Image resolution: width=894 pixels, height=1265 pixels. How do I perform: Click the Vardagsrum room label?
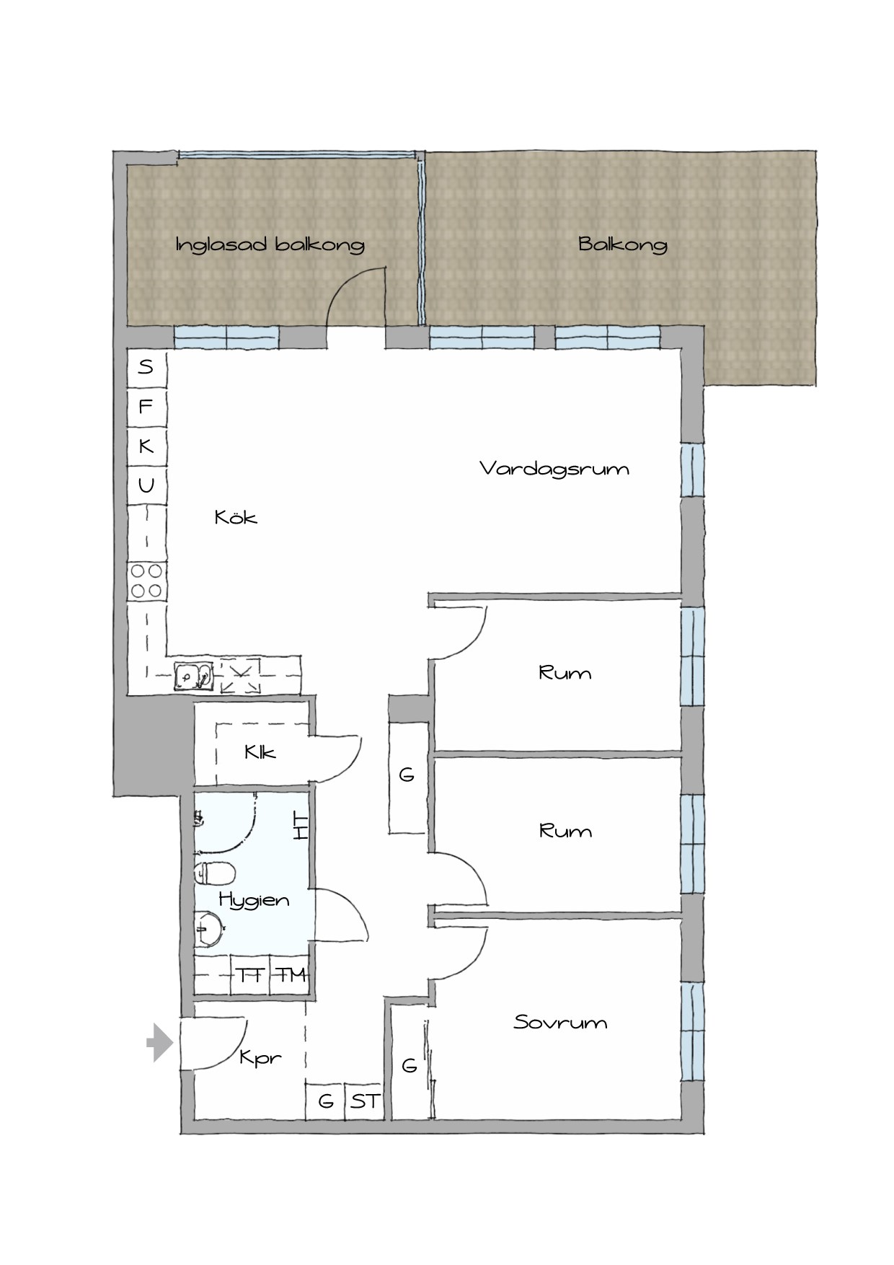554,470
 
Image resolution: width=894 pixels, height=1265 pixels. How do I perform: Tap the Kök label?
236,516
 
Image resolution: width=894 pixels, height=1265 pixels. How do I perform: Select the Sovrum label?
560,1022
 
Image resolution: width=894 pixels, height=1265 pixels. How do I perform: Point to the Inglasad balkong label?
270,244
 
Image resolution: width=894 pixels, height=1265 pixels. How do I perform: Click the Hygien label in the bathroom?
254,901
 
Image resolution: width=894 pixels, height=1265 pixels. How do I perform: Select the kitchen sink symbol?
193,676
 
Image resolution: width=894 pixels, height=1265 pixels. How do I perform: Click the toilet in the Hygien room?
215,874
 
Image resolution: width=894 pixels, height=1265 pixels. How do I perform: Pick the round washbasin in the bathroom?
209,928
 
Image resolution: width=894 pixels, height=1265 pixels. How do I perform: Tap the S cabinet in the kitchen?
146,368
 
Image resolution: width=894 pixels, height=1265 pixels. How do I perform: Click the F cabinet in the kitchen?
146,407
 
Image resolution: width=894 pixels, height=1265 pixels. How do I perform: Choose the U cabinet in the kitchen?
146,485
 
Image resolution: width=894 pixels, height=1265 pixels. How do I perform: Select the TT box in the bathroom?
250,976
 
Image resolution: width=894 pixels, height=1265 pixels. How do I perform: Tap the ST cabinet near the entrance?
364,1101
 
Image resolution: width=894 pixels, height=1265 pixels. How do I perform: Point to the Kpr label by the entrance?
260,1058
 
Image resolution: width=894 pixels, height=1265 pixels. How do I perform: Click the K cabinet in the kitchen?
146,446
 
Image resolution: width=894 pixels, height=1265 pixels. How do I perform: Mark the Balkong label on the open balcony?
623,244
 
